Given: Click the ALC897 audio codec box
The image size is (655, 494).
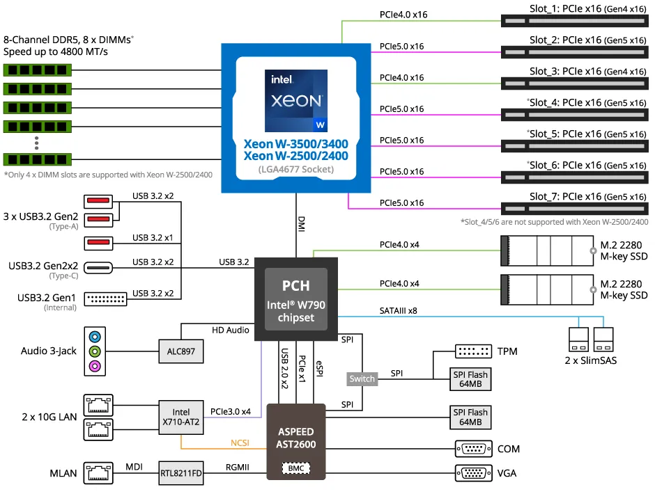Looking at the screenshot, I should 181,351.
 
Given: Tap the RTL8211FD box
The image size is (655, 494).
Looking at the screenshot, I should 180,473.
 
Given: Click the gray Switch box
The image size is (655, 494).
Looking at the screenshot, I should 362,379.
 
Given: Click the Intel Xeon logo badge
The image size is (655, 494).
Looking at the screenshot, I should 296,101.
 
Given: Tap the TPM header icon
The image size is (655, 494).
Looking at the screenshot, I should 473,351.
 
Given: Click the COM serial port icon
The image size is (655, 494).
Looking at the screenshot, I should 473,449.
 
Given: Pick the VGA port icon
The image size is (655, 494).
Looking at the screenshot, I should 473,473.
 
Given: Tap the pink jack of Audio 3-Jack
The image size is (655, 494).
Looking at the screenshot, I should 95,366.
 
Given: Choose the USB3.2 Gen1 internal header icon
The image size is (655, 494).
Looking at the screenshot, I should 106,298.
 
